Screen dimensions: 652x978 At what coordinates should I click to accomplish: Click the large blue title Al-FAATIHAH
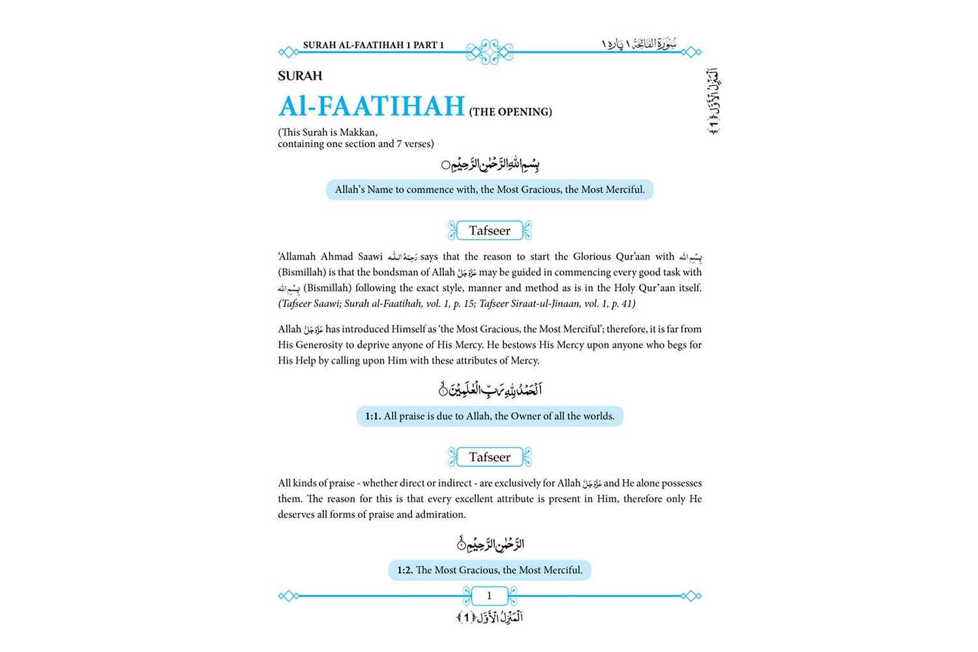click(371, 106)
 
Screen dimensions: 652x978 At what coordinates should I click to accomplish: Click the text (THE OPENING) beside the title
click(511, 112)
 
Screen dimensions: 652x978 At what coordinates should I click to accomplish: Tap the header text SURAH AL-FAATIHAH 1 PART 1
click(373, 45)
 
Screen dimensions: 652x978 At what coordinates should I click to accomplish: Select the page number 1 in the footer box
click(489, 596)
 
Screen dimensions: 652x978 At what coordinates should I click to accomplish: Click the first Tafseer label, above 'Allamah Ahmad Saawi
click(490, 231)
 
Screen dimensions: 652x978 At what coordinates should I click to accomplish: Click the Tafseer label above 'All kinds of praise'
click(490, 458)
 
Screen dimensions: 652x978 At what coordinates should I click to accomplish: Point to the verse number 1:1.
click(373, 417)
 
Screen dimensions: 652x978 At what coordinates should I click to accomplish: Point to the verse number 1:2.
click(405, 570)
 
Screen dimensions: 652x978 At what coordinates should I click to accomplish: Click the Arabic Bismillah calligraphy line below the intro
click(490, 164)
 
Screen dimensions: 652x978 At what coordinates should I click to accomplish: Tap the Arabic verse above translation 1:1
click(490, 390)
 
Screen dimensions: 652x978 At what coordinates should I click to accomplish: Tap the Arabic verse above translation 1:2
click(490, 544)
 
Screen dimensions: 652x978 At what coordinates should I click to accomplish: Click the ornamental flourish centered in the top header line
click(490, 52)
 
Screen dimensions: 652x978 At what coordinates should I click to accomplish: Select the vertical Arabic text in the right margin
click(713, 101)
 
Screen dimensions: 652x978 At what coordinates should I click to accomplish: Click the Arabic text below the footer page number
click(490, 617)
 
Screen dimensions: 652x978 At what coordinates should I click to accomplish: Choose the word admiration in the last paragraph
click(441, 514)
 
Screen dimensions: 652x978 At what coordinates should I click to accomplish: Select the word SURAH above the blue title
click(300, 76)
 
